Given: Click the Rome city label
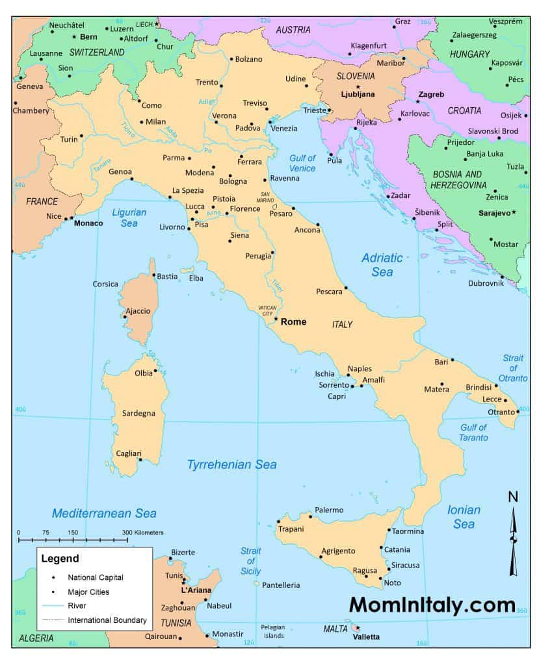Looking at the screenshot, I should coord(294,321).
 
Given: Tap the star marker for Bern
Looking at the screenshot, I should coord(74,36).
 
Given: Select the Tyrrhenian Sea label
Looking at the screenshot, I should coord(231,464).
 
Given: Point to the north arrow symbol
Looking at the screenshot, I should coord(513,535).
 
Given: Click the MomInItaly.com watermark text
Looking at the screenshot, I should coord(432,605).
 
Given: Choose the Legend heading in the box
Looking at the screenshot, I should coord(60,558).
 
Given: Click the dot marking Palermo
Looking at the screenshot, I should coord(311,517).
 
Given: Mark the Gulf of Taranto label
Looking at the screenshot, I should coord(473,432).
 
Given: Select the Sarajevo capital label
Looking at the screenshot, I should coord(494,212).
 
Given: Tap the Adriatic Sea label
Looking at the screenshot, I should coord(382,265).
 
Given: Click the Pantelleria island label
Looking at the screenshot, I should coord(281,585).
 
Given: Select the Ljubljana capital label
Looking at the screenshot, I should coord(358,94).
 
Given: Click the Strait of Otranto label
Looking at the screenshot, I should coord(513,368).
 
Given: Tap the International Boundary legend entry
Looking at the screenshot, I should coord(107,620).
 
